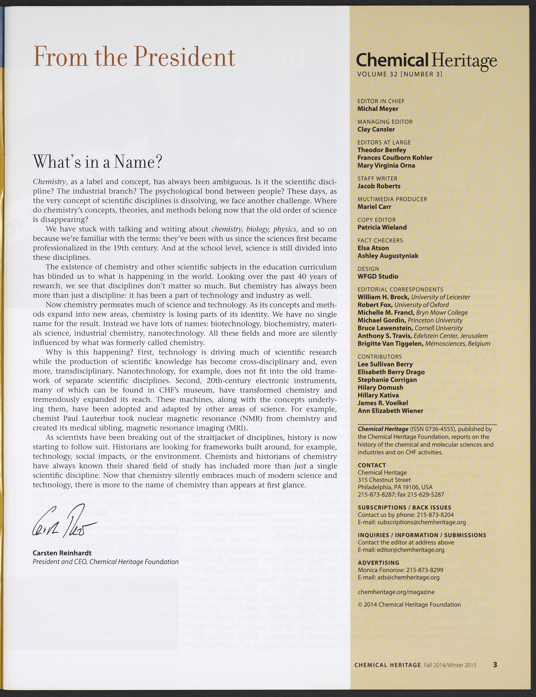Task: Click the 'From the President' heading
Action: click(134, 57)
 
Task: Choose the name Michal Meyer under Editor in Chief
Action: click(378, 109)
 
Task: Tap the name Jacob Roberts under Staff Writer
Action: click(379, 186)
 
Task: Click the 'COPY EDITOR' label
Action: click(377, 220)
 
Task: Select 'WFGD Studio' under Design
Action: click(378, 276)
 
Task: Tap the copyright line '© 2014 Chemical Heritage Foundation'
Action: click(409, 605)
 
